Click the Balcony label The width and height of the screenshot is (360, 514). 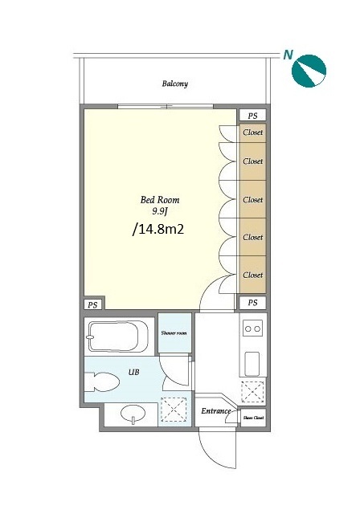click(x=175, y=84)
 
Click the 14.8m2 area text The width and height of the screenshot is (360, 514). click(x=157, y=230)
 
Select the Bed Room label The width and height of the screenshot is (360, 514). click(x=160, y=200)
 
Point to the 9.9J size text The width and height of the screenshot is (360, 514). click(x=160, y=211)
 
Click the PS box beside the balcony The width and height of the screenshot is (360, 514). click(x=252, y=116)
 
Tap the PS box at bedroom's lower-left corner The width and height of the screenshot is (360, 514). click(x=92, y=305)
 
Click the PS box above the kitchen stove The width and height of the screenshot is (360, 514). click(x=252, y=303)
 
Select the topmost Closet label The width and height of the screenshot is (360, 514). click(x=253, y=133)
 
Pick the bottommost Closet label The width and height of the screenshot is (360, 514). click(x=253, y=275)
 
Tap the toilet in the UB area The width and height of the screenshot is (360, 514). click(x=102, y=381)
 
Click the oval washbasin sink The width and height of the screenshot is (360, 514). click(x=133, y=414)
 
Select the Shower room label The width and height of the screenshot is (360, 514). click(x=174, y=333)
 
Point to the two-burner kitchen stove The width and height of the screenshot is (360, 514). click(x=253, y=328)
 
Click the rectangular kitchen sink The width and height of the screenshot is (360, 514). click(x=252, y=364)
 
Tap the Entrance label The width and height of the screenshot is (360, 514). click(x=216, y=410)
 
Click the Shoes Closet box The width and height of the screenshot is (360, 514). click(x=253, y=418)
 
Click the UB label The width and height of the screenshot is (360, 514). click(x=133, y=372)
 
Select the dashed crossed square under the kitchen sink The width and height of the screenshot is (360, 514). click(x=253, y=392)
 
